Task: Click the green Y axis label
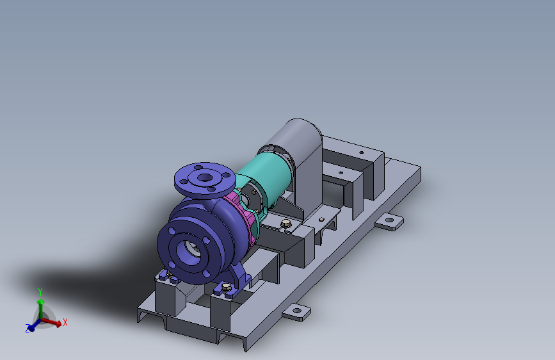tap(40, 292)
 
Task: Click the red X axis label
tap(65, 323)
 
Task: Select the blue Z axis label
tap(28, 329)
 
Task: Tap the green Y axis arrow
tap(40, 304)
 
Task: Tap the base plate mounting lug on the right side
tap(389, 222)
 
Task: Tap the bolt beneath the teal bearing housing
tap(286, 223)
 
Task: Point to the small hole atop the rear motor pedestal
tap(361, 153)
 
